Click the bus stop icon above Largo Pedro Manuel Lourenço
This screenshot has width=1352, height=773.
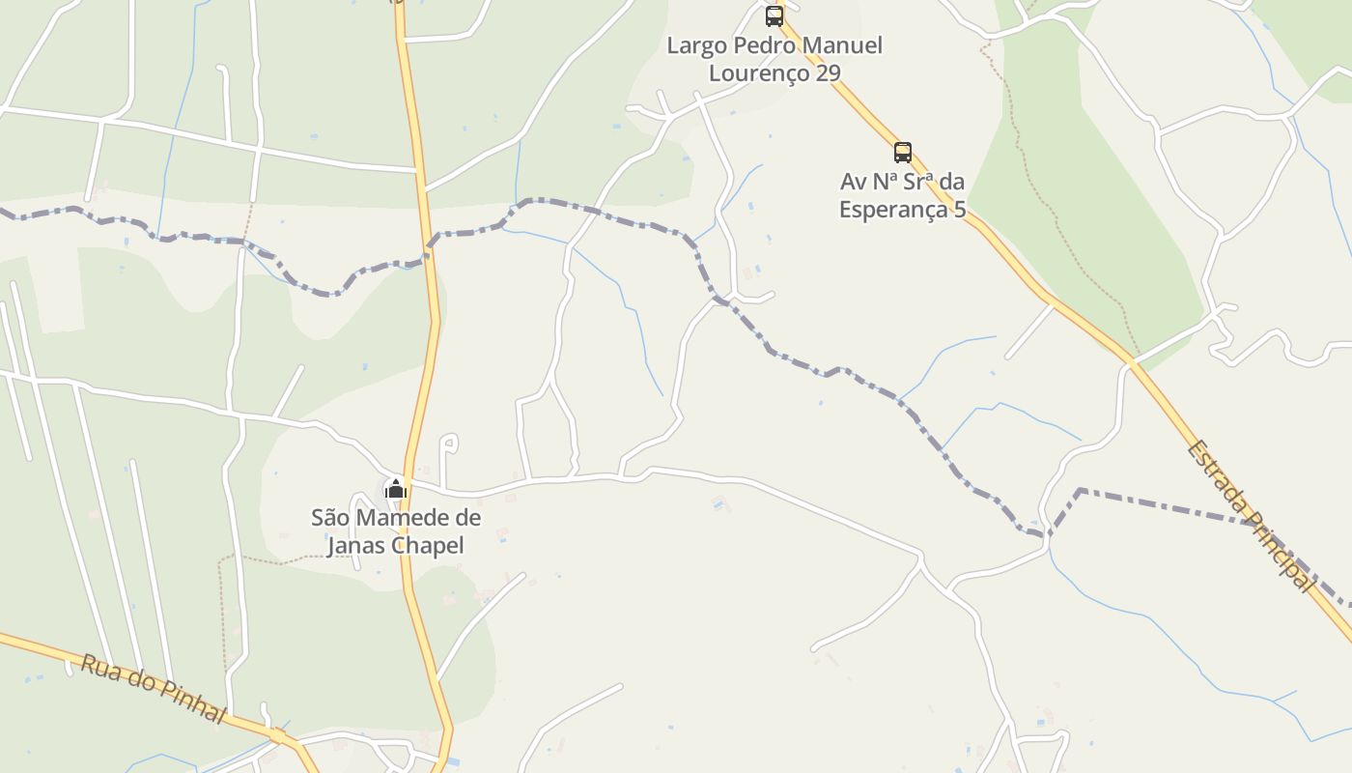click(x=775, y=15)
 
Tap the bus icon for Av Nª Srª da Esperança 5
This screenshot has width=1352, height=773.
click(x=903, y=152)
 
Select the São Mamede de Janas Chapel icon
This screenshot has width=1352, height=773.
click(x=396, y=489)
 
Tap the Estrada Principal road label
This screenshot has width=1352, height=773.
click(x=1251, y=516)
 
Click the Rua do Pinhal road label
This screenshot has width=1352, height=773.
click(x=153, y=689)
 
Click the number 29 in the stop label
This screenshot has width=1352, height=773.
click(x=828, y=72)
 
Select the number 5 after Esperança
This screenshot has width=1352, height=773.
click(x=959, y=210)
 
